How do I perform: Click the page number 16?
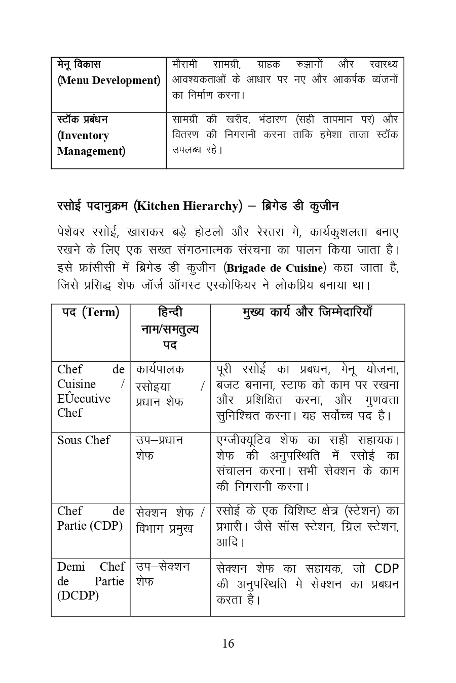pos(228,644)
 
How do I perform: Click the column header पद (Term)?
pos(91,312)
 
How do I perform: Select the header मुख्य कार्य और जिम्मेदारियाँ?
pos(308,312)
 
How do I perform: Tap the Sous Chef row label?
pos(84,440)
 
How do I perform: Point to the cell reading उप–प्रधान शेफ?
pos(159,448)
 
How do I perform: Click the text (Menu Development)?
pos(109,80)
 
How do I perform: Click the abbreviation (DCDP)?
pos(78,595)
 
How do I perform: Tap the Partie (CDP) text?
pos(90,526)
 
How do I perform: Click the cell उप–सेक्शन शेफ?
pos(162,574)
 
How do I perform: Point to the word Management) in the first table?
pos(91,151)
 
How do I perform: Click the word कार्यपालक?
pos(160,369)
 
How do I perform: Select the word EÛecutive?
pos(84,399)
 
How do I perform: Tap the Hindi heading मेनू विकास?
pos(79,65)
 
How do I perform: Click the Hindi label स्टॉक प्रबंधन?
pos(83,120)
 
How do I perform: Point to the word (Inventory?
pos(83,136)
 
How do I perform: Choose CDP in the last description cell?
pos(387,568)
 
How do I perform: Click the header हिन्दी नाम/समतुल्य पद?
pos(170,329)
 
